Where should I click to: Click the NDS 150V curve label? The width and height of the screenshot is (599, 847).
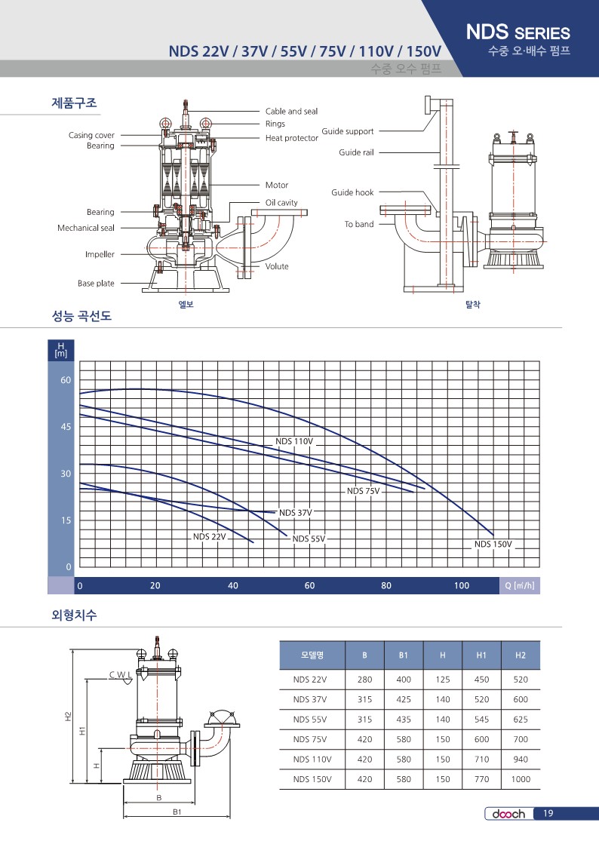[x=493, y=544]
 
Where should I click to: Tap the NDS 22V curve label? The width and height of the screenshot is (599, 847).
[x=210, y=536]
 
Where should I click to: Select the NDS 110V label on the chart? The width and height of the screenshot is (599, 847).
[x=294, y=441]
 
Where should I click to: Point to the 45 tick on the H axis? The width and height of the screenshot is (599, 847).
[x=66, y=427]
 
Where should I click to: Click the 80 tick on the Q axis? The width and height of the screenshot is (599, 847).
[x=386, y=585]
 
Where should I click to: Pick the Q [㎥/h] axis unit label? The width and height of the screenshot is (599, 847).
[x=520, y=585]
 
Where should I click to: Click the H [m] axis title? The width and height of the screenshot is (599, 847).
[x=61, y=350]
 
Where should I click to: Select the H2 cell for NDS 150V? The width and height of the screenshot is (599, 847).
[x=521, y=779]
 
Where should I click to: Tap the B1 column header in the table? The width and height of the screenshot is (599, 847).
[x=404, y=655]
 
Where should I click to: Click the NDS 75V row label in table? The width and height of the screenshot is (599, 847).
[x=310, y=739]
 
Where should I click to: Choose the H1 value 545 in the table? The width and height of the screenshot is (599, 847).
[x=481, y=719]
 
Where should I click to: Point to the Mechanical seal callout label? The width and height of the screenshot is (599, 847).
[x=86, y=228]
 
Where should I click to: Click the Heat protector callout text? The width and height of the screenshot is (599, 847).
[x=292, y=138]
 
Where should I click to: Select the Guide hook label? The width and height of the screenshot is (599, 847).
[x=352, y=192]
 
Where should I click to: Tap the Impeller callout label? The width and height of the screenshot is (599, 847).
[x=100, y=254]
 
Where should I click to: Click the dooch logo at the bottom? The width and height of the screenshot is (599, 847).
[x=508, y=814]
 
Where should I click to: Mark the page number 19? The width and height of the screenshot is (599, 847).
[x=548, y=813]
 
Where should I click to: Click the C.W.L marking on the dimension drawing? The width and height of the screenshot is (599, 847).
[x=120, y=675]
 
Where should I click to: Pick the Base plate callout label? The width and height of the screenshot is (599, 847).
[x=96, y=283]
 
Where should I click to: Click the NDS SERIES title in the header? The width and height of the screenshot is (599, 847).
[x=518, y=32]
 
